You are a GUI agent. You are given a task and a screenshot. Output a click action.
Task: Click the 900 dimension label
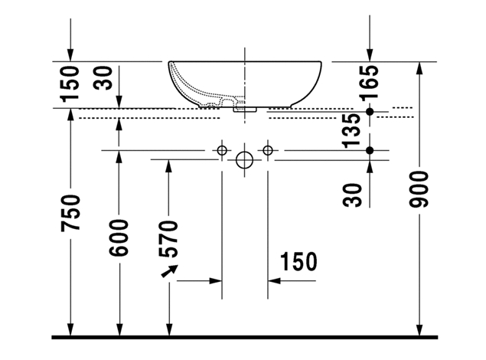click(419, 189)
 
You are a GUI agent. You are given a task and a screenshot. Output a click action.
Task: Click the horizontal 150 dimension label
click(298, 262)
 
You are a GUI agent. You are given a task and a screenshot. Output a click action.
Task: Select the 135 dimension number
click(353, 129)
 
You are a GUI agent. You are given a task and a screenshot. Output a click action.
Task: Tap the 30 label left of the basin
click(103, 80)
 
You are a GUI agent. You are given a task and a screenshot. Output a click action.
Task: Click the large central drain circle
click(244, 161)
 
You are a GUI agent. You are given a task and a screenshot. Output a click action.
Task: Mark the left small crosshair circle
click(222, 150)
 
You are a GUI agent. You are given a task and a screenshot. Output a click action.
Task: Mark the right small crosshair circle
click(267, 150)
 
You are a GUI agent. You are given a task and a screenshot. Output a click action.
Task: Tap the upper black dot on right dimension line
click(370, 112)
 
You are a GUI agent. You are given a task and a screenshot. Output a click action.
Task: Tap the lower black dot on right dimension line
click(370, 150)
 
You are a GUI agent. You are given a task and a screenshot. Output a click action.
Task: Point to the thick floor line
click(244, 336)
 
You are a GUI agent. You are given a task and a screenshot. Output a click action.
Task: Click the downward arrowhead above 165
click(370, 54)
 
